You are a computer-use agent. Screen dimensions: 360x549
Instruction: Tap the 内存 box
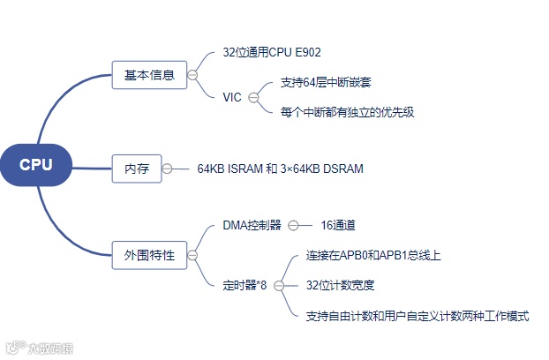click(x=136, y=169)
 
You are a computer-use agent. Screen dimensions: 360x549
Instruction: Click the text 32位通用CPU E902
click(x=271, y=52)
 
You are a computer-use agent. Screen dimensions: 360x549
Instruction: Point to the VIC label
click(x=232, y=97)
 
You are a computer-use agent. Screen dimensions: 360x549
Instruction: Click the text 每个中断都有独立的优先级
click(x=347, y=112)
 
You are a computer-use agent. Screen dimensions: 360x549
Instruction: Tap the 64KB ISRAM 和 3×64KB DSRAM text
click(x=280, y=169)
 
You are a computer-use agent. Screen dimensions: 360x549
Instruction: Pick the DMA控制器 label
click(x=252, y=225)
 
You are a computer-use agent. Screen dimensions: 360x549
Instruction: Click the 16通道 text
click(x=338, y=225)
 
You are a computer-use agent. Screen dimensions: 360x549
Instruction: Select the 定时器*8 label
click(x=245, y=285)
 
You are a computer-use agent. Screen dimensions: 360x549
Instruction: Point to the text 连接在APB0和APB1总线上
click(x=372, y=255)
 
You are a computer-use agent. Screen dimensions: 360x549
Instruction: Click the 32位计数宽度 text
click(x=340, y=285)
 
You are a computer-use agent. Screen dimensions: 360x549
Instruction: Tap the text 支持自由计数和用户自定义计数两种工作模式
click(x=417, y=315)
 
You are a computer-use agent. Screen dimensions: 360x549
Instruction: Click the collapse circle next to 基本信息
click(x=193, y=75)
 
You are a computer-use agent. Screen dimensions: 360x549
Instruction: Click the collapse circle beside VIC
click(x=254, y=97)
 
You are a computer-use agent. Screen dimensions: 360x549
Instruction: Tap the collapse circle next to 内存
click(x=168, y=169)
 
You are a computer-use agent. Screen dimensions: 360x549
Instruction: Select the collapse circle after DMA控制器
click(x=294, y=225)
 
